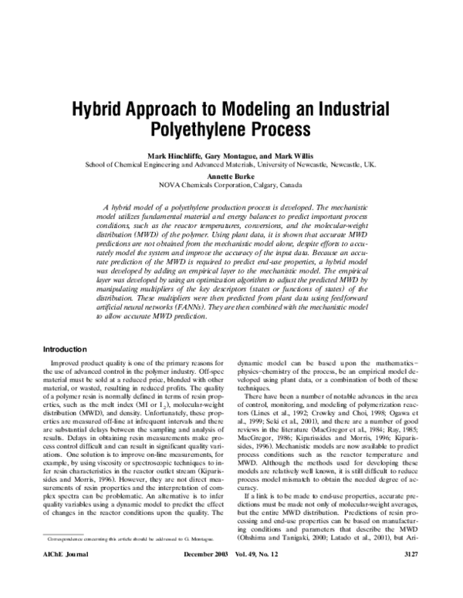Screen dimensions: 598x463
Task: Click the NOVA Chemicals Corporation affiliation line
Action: [231, 186]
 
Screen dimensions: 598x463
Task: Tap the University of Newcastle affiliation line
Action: [231, 165]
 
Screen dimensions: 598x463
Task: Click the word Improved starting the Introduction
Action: [67, 361]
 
